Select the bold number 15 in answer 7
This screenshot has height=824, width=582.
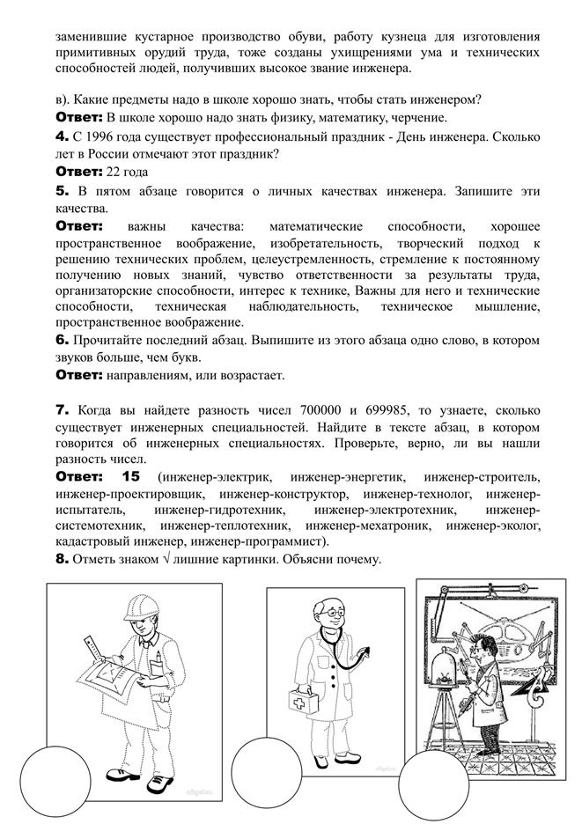(x=130, y=476)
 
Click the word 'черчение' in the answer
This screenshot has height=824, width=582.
(x=419, y=117)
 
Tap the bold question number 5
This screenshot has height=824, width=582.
(x=62, y=190)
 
